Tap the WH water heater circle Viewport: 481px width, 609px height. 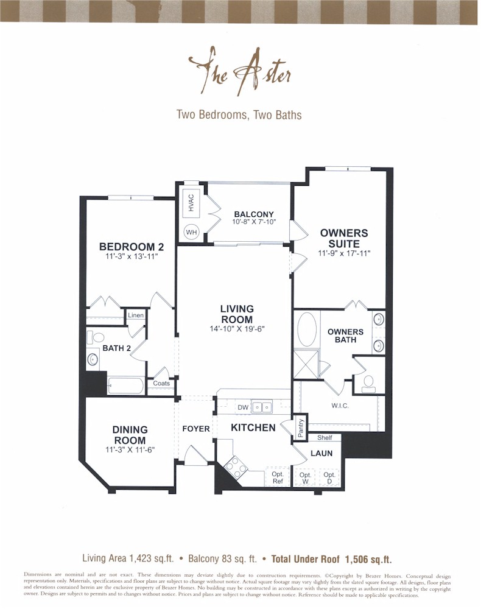(x=191, y=232)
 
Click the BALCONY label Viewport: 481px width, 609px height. (x=254, y=214)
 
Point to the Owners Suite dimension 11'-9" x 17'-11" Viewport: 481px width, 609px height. (x=344, y=253)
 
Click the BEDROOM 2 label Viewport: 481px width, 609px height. (x=132, y=247)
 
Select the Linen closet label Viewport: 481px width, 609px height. (x=136, y=316)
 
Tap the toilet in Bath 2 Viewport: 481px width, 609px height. (x=96, y=337)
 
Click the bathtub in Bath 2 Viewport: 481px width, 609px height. (x=125, y=386)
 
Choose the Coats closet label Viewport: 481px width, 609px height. (x=161, y=383)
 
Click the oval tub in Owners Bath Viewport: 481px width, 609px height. (x=307, y=329)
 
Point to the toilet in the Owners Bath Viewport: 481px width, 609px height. (x=368, y=382)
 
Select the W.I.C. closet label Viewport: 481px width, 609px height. (x=340, y=406)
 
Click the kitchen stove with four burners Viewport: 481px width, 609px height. (x=236, y=468)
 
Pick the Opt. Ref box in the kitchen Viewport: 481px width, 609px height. (x=278, y=477)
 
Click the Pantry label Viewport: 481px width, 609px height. (x=300, y=428)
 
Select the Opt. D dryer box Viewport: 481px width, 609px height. (x=329, y=477)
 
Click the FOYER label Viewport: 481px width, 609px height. (x=196, y=429)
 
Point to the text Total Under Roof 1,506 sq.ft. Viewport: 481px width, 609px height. (x=331, y=558)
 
